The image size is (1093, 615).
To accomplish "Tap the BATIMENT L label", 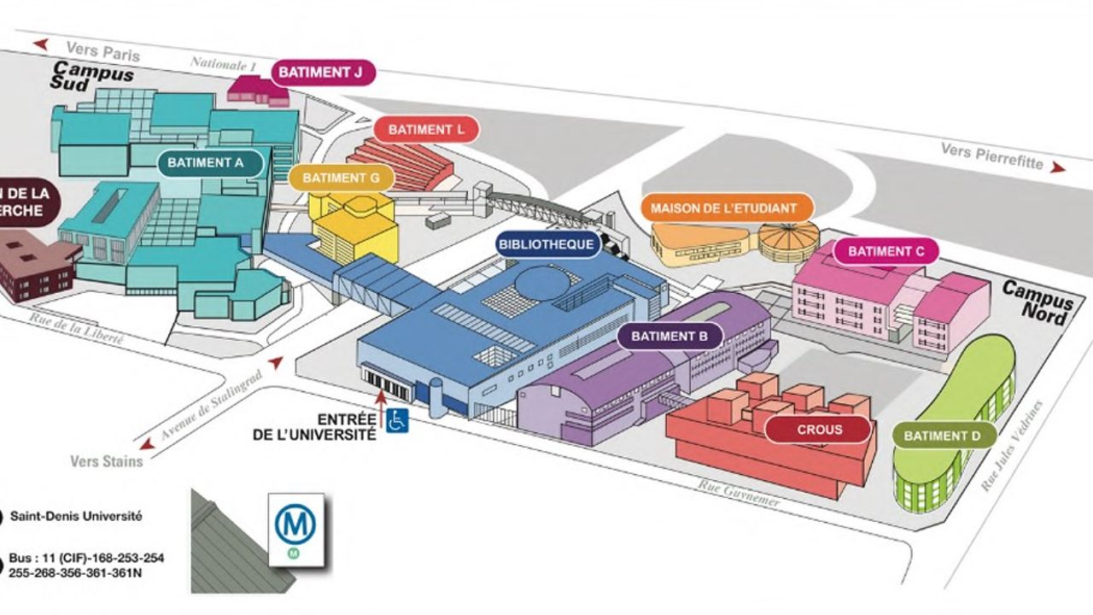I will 426,130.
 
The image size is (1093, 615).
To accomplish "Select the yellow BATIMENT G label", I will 341,179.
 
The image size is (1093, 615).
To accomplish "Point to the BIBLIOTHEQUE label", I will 546,244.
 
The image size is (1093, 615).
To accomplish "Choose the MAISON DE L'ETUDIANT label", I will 723,208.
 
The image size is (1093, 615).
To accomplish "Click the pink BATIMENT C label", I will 886,251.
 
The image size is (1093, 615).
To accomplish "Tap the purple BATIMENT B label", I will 670,336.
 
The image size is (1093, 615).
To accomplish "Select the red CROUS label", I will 819,430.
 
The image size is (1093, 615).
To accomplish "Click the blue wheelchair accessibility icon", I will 397,420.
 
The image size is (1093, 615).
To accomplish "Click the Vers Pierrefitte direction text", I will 992,155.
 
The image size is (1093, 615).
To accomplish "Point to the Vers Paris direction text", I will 103,51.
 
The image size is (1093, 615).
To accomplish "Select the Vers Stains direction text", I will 107,461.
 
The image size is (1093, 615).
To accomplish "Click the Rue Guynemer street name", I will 739,494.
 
